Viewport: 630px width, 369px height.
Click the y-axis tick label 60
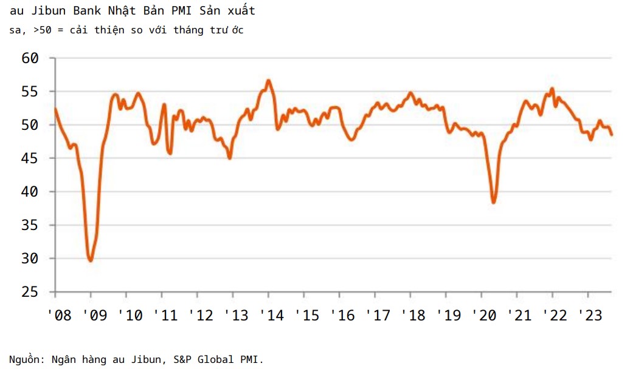tap(30, 58)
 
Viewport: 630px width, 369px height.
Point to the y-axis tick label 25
tap(30, 292)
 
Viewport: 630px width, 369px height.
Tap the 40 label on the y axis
tap(30, 192)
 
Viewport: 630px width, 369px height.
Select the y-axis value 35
tap(30, 225)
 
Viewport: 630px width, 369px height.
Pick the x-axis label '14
tap(272, 316)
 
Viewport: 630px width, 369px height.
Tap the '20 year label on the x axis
tap(485, 316)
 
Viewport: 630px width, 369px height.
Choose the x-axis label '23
tap(590, 316)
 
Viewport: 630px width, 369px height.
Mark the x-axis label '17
tap(378, 316)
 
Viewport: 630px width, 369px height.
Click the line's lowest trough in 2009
tap(91, 260)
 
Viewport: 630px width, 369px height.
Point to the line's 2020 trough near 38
tap(494, 202)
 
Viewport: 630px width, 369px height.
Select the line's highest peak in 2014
tap(268, 80)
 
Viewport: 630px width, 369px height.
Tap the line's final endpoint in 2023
tap(611, 135)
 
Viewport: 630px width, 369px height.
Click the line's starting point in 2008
tap(55, 109)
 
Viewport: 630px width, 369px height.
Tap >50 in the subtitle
tap(36, 30)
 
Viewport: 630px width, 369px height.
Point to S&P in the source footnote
tap(181, 359)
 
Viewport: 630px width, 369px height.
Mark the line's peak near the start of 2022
tap(552, 89)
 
